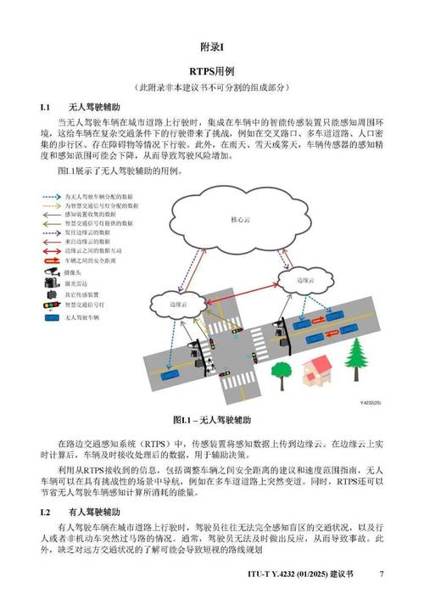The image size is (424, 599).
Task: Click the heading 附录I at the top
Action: coord(211,46)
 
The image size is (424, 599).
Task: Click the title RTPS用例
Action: coord(211,72)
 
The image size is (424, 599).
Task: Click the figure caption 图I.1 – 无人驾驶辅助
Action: coord(211,420)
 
